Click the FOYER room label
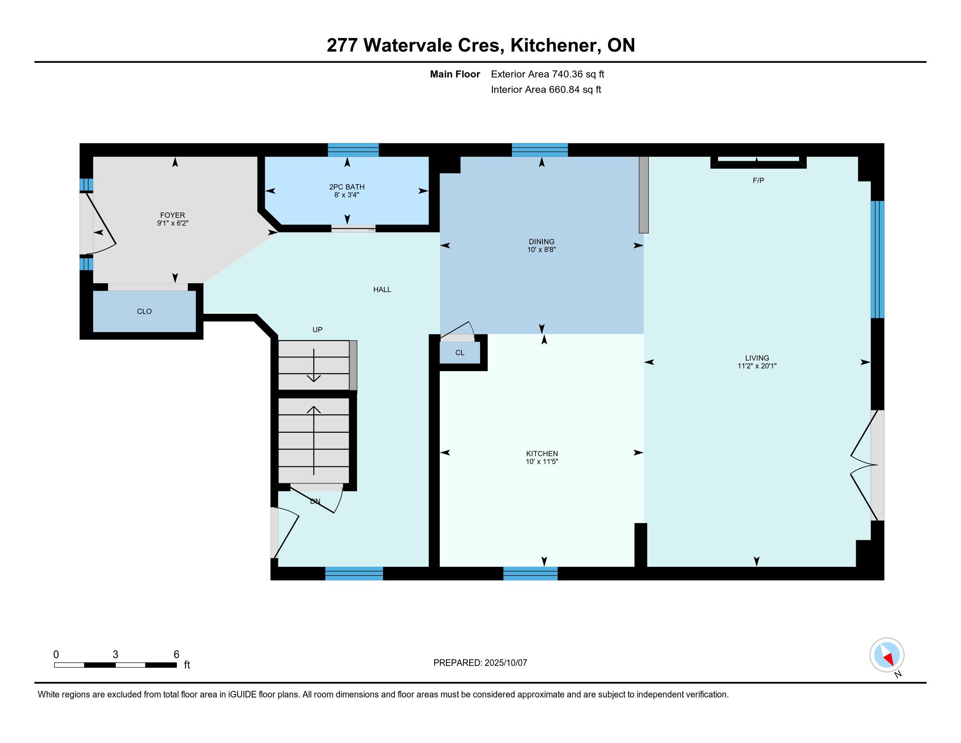(x=173, y=215)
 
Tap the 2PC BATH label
(x=347, y=187)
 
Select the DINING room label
(x=542, y=242)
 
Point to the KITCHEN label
(x=542, y=454)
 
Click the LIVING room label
(x=757, y=358)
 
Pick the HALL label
(x=382, y=290)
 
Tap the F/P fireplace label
(x=758, y=181)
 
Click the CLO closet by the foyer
(x=144, y=312)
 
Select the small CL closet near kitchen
(x=460, y=353)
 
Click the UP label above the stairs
(x=317, y=330)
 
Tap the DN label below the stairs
(x=315, y=501)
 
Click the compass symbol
(x=887, y=656)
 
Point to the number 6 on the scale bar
(x=176, y=655)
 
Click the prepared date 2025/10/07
(x=505, y=663)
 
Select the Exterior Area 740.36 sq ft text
(x=547, y=74)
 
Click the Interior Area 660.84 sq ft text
(x=546, y=90)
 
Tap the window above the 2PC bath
(x=353, y=150)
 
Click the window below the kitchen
(x=530, y=573)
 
